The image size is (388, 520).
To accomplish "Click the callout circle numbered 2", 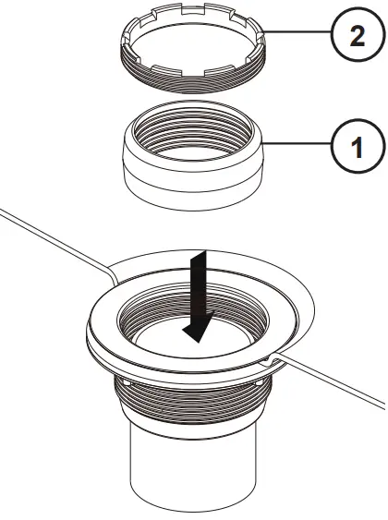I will pyautogui.click(x=355, y=40).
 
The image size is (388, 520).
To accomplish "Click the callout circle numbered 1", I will pyautogui.click(x=355, y=146).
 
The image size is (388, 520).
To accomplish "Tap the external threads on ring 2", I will pyautogui.click(x=194, y=81).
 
